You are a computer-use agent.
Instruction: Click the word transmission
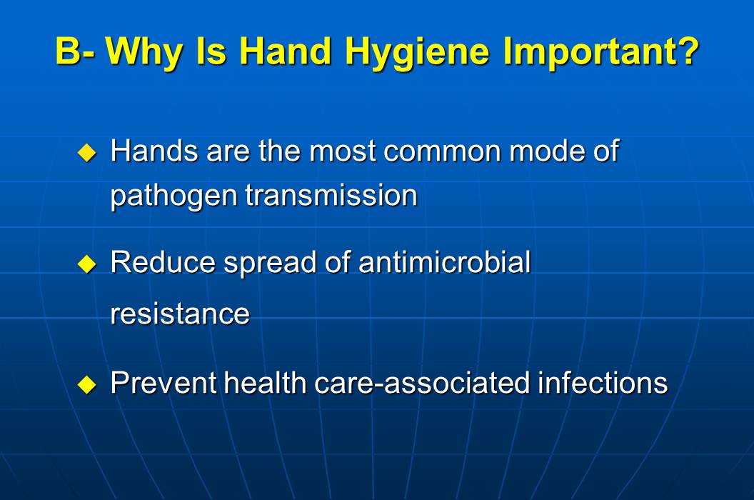click(x=331, y=195)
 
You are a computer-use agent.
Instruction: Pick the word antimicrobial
click(x=445, y=263)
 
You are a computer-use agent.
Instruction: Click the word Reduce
click(x=163, y=263)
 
